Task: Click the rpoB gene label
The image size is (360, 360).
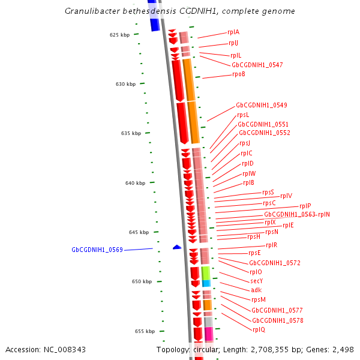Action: (238, 74)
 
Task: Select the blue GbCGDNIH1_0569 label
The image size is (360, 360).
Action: (97, 250)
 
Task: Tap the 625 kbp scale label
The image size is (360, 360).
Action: (119, 35)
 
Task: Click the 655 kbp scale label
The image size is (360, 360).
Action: (145, 331)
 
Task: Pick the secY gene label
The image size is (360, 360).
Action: (257, 281)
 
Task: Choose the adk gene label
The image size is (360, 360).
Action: (256, 290)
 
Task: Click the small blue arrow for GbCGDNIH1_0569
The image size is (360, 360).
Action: (177, 247)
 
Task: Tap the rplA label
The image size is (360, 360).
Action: (233, 32)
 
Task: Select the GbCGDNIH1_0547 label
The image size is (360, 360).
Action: (257, 65)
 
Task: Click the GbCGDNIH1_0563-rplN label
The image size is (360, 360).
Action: (297, 214)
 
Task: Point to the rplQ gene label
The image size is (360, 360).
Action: (259, 329)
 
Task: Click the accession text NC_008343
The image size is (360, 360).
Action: (46, 349)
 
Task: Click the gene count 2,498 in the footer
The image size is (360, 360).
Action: (343, 349)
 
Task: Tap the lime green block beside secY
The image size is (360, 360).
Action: (206, 273)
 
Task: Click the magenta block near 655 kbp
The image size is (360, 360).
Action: (209, 334)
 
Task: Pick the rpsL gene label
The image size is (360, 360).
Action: (243, 115)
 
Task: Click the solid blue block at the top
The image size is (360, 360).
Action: (154, 24)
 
